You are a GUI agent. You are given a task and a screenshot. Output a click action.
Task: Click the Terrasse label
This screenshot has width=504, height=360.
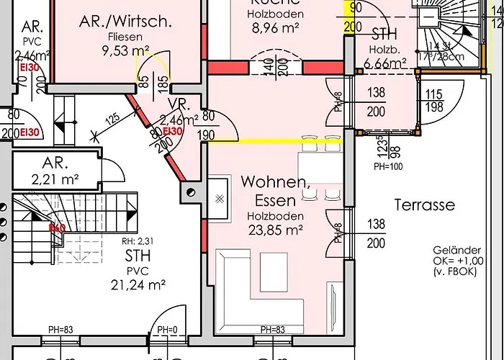click(424, 205)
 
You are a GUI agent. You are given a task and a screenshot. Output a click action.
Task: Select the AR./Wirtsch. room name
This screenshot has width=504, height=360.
click(125, 21)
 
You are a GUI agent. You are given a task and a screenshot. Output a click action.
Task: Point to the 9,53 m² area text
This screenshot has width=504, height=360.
click(126, 50)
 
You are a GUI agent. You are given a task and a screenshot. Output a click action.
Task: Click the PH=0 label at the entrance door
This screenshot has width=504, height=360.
click(167, 330)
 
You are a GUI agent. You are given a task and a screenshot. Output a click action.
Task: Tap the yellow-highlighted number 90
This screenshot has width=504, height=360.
click(354, 9)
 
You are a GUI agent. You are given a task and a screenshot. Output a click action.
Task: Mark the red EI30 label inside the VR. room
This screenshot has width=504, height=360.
click(173, 131)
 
